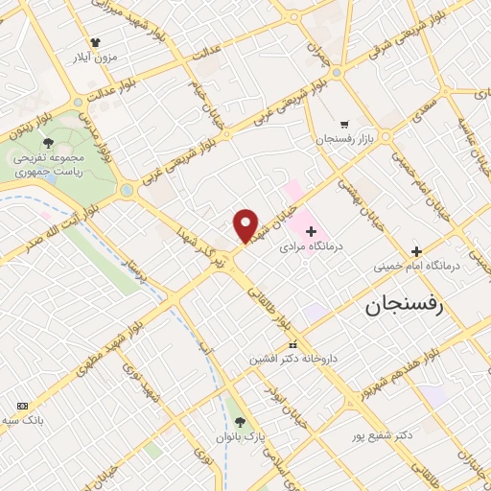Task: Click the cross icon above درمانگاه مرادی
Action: click(311, 231)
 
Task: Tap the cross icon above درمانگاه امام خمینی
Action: click(443, 250)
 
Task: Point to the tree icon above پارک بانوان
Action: click(240, 421)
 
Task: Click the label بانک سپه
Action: click(24, 420)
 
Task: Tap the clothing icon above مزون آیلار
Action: click(94, 42)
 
